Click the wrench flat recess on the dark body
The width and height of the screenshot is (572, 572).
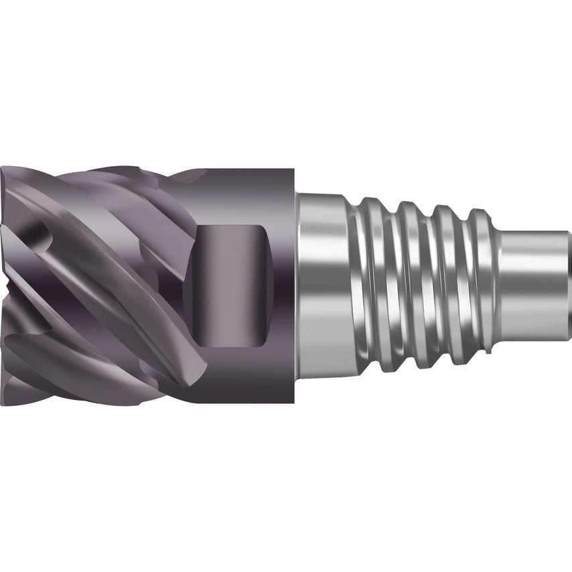coord(234,286)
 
